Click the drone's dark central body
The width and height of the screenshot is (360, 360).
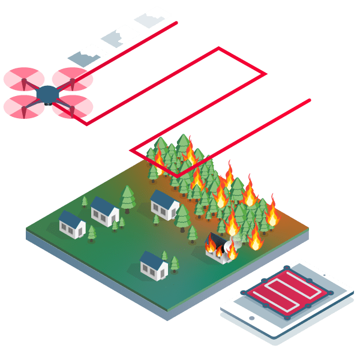point(47,93)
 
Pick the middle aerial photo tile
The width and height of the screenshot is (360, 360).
point(121,37)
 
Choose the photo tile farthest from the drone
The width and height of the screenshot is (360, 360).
point(153,17)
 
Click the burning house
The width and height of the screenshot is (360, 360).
point(217,248)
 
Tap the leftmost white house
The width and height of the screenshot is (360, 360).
point(72,224)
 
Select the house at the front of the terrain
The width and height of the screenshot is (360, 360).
point(154,265)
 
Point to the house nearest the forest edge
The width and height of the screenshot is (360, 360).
point(164,205)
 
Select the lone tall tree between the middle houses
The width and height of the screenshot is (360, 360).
point(128,199)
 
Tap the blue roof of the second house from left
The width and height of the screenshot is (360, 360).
point(106,206)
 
